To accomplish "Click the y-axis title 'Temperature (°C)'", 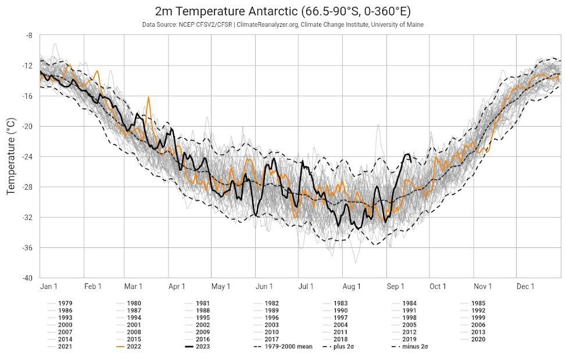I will tap(10, 156).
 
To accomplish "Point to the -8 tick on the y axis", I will tap(28, 35).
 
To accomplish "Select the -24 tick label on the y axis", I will tap(27, 157).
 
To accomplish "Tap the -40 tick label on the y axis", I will tap(27, 278).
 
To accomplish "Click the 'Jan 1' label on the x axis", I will tap(49, 286).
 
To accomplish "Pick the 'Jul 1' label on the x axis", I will tap(306, 286).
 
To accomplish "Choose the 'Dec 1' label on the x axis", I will tap(525, 286).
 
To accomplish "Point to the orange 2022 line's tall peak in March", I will tap(149, 98).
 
